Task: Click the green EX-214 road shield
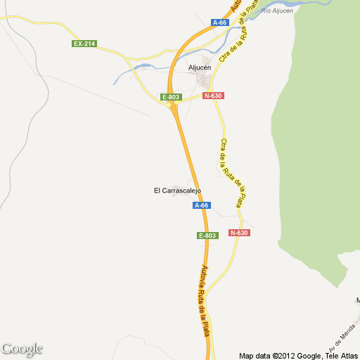point(84,44)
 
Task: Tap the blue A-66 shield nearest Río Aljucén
point(220,22)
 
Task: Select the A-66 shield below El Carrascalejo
point(201,205)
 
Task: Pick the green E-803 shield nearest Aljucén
point(171,96)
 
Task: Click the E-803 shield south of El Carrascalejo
point(207,236)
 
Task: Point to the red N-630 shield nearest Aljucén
point(213,96)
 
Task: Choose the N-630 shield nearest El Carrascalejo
point(239,233)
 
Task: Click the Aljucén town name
point(200,67)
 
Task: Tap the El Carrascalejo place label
point(178,191)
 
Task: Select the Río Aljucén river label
point(277,11)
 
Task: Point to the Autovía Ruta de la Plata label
point(205,300)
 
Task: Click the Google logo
point(22,349)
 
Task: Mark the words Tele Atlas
point(340,355)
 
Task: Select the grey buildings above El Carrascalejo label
point(176,179)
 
